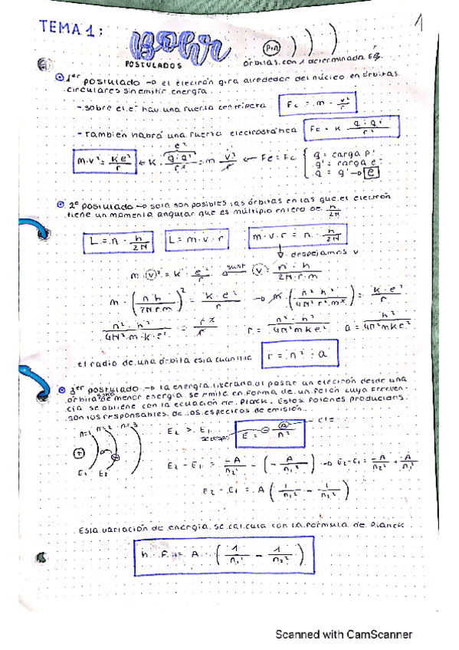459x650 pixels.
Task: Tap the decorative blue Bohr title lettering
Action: coord(179,45)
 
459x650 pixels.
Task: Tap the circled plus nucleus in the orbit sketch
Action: coord(77,454)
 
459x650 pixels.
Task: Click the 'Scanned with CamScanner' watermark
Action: coord(344,635)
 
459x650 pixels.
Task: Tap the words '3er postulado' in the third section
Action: coord(103,390)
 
